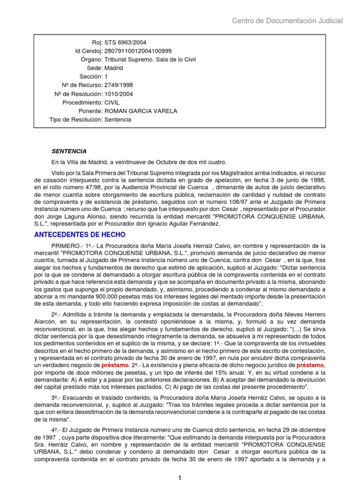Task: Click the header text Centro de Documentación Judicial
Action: [x=287, y=21]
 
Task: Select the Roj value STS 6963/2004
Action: [x=122, y=43]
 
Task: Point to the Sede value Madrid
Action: [x=113, y=68]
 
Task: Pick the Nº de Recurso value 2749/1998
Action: [x=119, y=85]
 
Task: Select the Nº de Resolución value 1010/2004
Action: [x=119, y=94]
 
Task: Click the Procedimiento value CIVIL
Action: [x=113, y=102]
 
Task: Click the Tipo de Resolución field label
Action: [x=75, y=120]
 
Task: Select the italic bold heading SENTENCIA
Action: [x=69, y=151]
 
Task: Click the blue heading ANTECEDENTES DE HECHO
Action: [x=80, y=234]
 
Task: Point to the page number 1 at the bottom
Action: [x=180, y=477]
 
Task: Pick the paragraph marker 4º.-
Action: [x=56, y=429]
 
